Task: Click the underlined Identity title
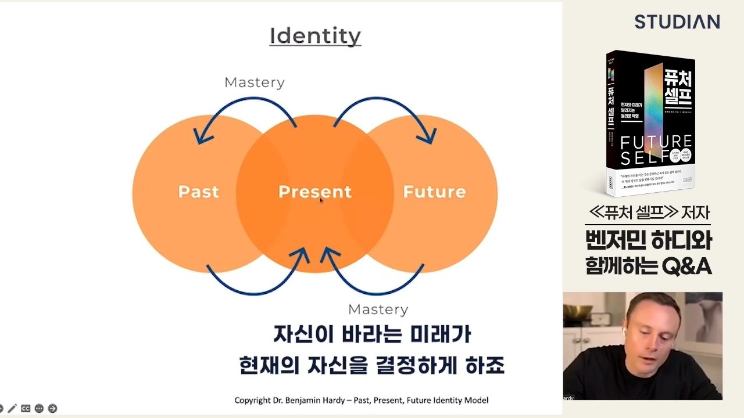[315, 36]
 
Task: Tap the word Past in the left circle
[198, 192]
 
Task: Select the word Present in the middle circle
[314, 192]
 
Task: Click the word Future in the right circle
[434, 192]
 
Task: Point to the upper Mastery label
[254, 82]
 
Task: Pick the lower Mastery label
[378, 309]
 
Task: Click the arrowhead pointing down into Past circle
[201, 138]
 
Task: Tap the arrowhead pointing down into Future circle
[429, 138]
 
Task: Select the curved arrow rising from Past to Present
[256, 287]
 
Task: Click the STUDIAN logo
[677, 22]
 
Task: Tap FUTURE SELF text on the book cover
[656, 149]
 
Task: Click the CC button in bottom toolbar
[26, 409]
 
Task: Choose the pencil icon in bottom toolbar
[12, 409]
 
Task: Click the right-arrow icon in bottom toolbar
[52, 409]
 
